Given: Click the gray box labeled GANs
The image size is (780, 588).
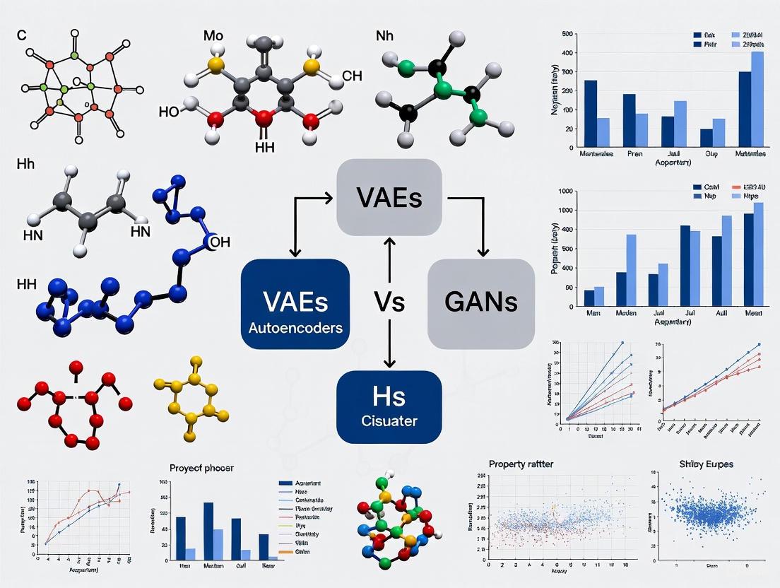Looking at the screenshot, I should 481,303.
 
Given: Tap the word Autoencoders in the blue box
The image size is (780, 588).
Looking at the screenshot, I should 295,328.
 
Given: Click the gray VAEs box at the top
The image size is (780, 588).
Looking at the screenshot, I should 389,197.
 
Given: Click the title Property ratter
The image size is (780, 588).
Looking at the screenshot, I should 521,464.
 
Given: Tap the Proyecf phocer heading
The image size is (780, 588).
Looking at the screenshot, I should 201,467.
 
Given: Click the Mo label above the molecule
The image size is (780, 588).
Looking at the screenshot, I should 212,35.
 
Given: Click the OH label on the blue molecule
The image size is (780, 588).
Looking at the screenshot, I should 220,242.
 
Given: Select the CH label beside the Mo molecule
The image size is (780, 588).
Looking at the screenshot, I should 351,76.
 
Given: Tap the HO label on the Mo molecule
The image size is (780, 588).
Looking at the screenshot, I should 170,111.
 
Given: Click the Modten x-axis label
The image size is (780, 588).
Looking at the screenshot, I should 626,312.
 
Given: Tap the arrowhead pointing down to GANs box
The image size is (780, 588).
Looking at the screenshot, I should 484,254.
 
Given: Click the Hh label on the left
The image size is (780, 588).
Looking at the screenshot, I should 25,163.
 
